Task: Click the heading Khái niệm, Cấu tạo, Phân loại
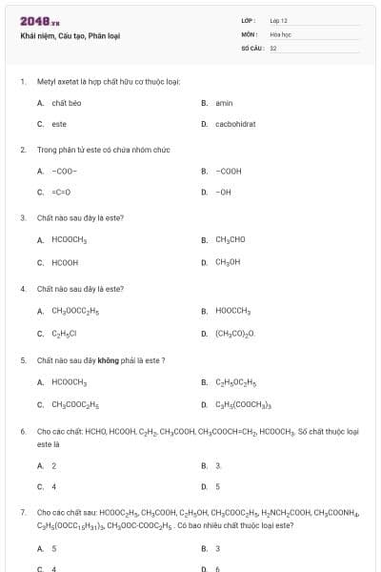point(70,36)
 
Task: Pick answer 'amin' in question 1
point(224,103)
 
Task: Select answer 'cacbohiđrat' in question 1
point(235,124)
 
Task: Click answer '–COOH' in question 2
point(229,172)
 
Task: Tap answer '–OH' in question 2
point(224,193)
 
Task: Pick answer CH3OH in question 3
point(228,261)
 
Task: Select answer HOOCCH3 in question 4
point(232,311)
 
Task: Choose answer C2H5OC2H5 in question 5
point(236,382)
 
